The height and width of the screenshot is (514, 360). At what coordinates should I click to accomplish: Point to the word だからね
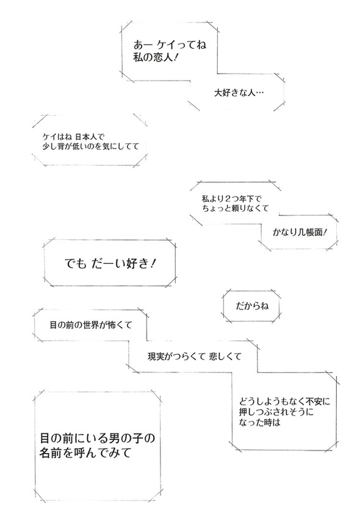point(250,303)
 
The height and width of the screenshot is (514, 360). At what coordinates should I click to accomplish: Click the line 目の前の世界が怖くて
point(91,326)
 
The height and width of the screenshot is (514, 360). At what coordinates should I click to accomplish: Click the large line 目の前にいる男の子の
point(98,438)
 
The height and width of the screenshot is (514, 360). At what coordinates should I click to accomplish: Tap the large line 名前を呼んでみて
point(85,454)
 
